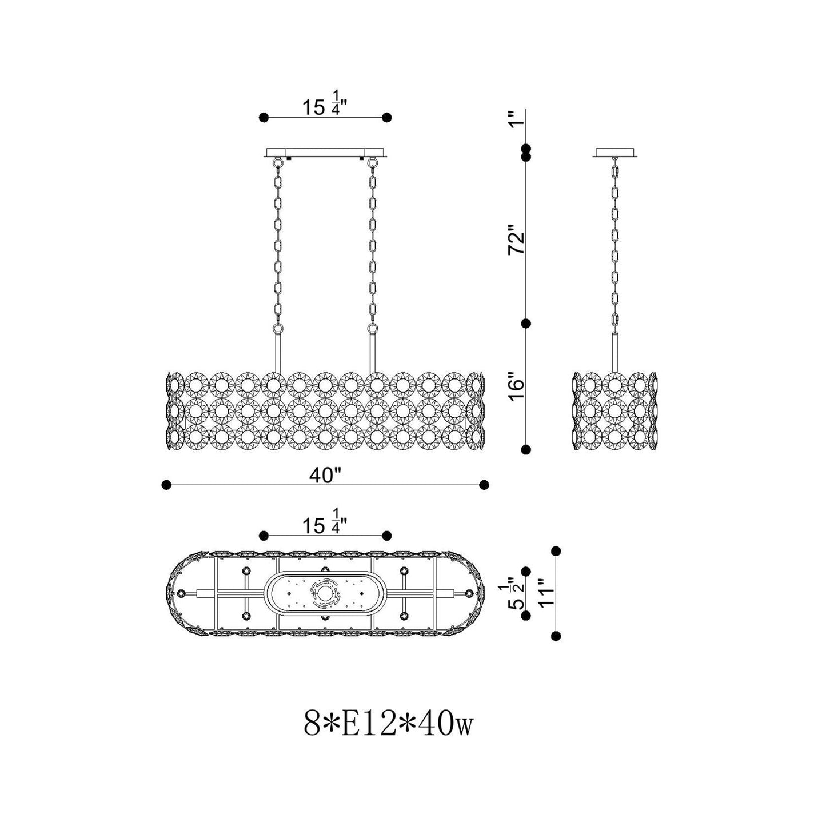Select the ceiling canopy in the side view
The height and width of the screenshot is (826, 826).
(615, 153)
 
